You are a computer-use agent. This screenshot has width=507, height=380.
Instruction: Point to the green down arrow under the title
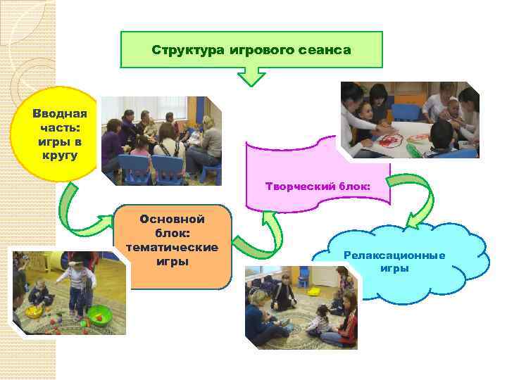pyautogui.click(x=252, y=73)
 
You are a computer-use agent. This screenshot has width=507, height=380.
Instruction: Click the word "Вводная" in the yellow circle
pyautogui.click(x=60, y=113)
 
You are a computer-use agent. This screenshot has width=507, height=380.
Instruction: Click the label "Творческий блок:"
pyautogui.click(x=318, y=187)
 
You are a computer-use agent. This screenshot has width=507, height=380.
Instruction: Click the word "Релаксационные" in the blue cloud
pyautogui.click(x=394, y=255)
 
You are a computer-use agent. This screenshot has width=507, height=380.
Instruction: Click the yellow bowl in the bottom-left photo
pyautogui.click(x=34, y=310)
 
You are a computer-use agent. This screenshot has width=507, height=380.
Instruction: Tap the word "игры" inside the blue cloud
pyautogui.click(x=394, y=268)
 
